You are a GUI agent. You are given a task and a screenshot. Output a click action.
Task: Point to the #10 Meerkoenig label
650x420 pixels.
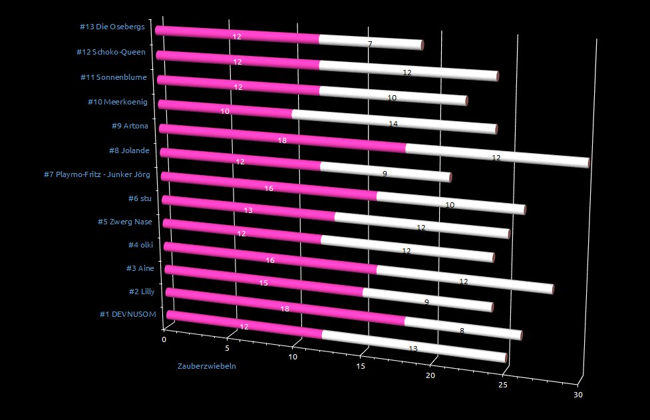[117, 101]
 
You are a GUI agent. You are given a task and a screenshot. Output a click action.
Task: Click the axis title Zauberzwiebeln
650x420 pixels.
[206, 365]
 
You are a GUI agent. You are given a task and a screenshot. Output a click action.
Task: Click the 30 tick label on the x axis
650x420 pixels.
[578, 395]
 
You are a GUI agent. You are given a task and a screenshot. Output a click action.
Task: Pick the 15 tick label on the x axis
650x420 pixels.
[361, 366]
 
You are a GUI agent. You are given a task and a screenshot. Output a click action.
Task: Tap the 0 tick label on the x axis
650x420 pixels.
[164, 339]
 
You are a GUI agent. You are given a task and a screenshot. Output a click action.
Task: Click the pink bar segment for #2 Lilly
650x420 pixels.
[285, 307]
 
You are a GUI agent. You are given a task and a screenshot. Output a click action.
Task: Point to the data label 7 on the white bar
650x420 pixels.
[369, 44]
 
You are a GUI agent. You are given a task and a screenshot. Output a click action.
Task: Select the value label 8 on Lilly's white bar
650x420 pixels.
[462, 328]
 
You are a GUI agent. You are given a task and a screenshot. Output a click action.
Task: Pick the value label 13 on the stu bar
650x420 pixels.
[247, 210]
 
